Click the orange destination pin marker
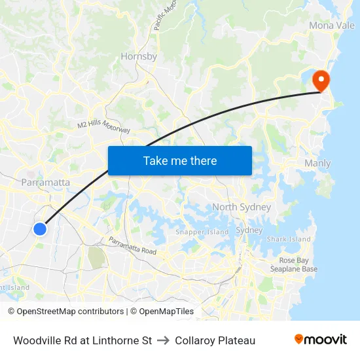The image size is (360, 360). click(321, 80)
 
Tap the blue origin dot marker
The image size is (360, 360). click(40, 228)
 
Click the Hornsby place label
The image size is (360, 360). click(139, 56)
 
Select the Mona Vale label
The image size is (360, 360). click(332, 26)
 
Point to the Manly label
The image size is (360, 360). click(317, 163)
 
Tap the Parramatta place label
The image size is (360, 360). click(46, 182)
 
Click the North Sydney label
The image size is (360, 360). click(242, 207)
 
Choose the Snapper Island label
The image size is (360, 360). click(202, 232)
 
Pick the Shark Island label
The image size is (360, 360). click(289, 239)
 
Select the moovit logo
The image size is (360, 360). click(321, 340)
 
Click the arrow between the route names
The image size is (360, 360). click(163, 340)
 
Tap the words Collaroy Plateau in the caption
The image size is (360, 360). click(215, 340)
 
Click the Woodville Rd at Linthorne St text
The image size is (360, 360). click(82, 340)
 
